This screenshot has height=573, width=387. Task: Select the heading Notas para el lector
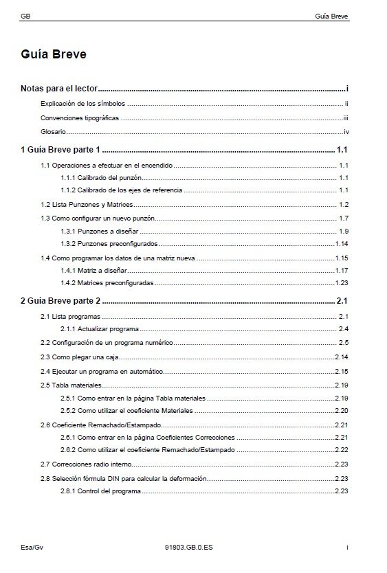[x=59, y=89]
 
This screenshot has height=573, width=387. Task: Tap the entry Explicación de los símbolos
[x=83, y=104]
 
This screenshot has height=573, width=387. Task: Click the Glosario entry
[x=52, y=132]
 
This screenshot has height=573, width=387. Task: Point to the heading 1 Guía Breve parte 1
[x=60, y=150]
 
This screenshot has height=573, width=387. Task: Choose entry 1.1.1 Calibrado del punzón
[x=101, y=178]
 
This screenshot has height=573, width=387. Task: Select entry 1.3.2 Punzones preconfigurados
[x=109, y=244]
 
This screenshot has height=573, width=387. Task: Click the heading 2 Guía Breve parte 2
[x=60, y=300]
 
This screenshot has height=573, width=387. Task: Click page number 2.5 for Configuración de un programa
[x=344, y=342]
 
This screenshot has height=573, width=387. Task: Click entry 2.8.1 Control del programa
[x=100, y=491]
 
